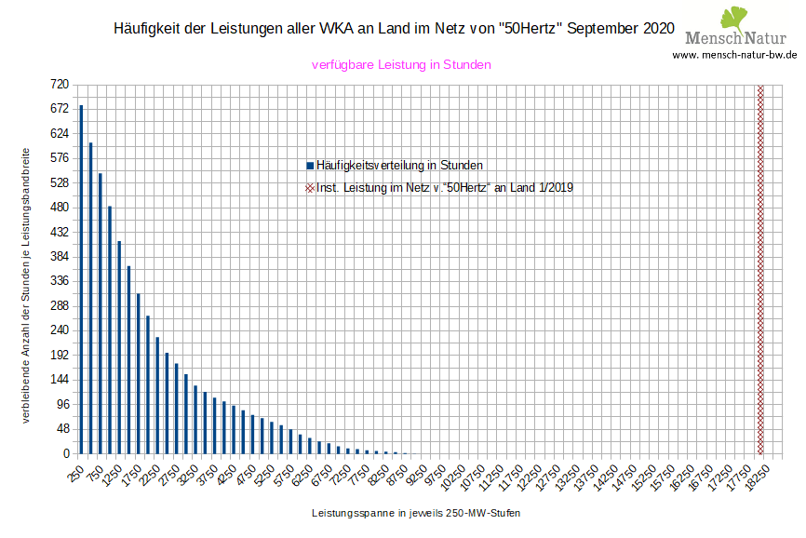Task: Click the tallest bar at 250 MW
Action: point(81,279)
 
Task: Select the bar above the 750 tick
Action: point(101,313)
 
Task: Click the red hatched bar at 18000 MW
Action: point(760,269)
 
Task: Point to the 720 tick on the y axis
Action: point(60,85)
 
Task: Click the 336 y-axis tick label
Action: point(60,281)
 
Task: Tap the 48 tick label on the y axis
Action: point(62,429)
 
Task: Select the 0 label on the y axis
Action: point(65,453)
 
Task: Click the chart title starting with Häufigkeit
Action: point(393,29)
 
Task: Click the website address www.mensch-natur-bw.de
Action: point(734,55)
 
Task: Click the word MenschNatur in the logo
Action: point(735,38)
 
